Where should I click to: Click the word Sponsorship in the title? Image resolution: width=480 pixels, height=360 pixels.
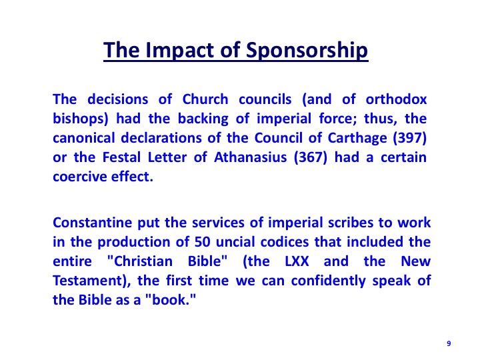307,50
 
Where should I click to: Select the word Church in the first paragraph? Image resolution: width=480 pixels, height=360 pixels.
205,99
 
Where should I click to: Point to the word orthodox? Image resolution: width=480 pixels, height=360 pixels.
396,99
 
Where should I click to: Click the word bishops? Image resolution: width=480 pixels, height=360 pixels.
79,119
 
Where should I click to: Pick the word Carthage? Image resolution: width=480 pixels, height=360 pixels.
357,138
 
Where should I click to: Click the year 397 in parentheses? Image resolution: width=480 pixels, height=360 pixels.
410,138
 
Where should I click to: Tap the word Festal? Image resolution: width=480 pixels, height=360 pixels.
121,157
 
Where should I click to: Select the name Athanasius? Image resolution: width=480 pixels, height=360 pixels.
251,157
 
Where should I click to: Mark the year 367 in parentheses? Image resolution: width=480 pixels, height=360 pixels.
311,157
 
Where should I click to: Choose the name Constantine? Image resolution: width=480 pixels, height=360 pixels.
93,223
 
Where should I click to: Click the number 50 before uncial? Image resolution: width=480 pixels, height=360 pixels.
202,242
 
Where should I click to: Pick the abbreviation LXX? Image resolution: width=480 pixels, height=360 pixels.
297,261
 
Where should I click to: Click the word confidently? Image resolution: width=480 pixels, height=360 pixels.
328,281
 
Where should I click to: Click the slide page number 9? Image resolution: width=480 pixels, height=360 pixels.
449,343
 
